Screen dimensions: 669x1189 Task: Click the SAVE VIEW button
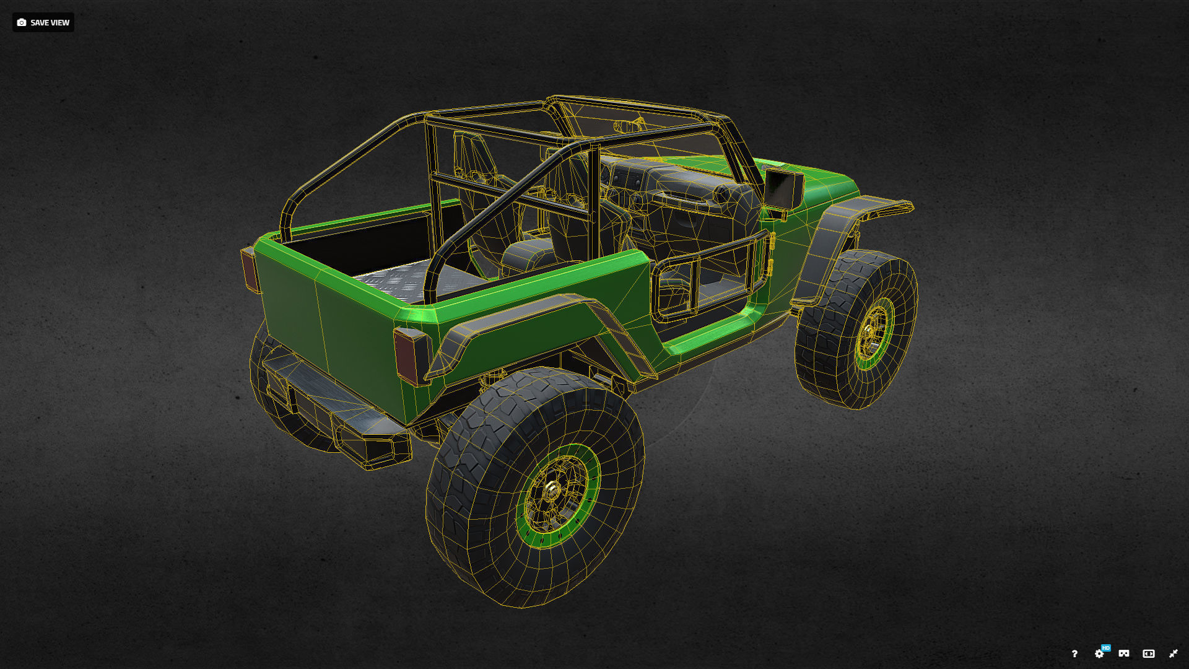tap(43, 22)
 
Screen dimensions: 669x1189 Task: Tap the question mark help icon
tap(1074, 654)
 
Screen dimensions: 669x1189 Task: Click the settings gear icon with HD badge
tap(1099, 654)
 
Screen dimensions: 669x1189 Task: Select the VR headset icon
tap(1124, 654)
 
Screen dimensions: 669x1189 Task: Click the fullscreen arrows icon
tap(1173, 654)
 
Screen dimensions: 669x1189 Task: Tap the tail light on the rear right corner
tap(409, 356)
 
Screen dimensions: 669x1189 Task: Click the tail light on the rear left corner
tap(249, 269)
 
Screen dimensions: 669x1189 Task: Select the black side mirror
tap(784, 188)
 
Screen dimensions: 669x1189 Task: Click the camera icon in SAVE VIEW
tap(22, 22)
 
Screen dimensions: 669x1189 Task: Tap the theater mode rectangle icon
tap(1149, 654)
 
